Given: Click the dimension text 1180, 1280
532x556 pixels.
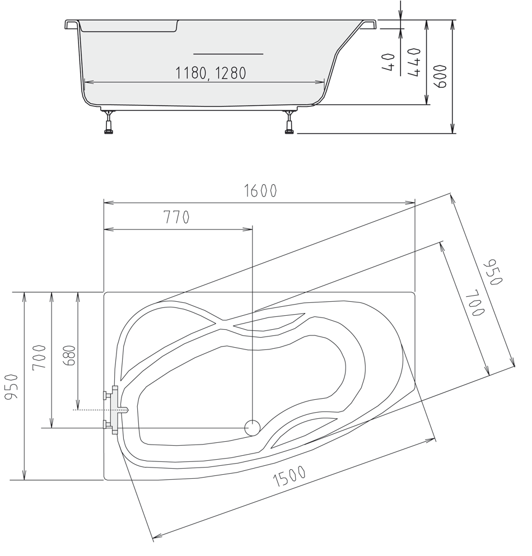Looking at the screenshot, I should [x=211, y=73].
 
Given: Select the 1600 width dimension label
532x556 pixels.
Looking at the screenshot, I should [x=260, y=191].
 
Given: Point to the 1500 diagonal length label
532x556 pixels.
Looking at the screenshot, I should [x=290, y=476].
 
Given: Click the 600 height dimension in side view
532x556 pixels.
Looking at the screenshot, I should [x=441, y=76].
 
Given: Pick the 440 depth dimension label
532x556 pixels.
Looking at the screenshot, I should [x=414, y=62].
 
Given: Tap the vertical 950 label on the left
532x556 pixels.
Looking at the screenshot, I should [x=12, y=387].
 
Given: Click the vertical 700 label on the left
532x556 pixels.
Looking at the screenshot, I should [x=39, y=357].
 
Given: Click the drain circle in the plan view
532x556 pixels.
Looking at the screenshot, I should [x=253, y=428].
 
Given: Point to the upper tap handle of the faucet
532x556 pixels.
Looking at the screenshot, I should [x=107, y=394].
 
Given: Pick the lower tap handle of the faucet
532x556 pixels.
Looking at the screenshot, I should [x=107, y=424].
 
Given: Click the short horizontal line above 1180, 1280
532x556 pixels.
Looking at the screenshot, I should [x=228, y=54].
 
